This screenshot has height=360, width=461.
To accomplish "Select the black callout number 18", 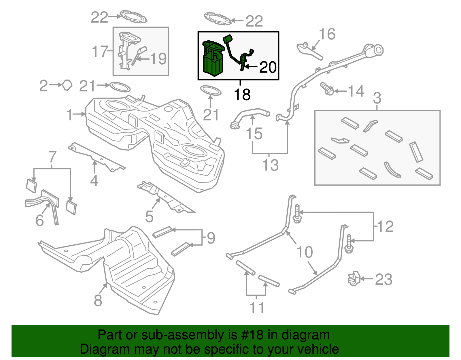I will click(x=242, y=95).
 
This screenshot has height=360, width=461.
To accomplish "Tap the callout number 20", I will click(x=268, y=67).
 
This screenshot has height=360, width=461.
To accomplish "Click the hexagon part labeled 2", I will click(x=67, y=85).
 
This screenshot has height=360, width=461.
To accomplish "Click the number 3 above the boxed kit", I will click(x=377, y=98).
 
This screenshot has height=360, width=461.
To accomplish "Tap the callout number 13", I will click(x=270, y=165).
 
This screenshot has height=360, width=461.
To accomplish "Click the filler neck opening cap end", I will click(x=378, y=50).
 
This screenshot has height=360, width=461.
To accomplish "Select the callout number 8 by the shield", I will click(x=98, y=300).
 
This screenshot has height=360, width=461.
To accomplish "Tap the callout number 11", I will click(x=256, y=308).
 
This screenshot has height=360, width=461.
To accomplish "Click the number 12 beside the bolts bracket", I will click(x=385, y=226).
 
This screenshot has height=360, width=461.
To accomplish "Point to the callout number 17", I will click(x=100, y=52).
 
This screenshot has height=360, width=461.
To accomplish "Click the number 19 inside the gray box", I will click(x=158, y=59).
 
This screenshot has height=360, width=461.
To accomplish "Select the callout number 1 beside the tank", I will click(x=69, y=114).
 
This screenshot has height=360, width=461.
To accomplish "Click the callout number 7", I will click(x=52, y=157).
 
